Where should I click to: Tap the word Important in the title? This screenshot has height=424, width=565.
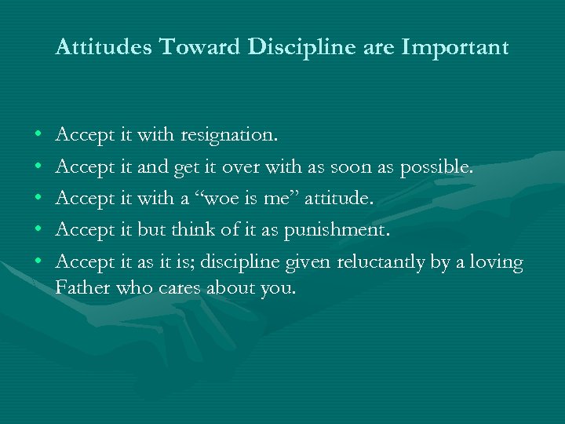click(454, 49)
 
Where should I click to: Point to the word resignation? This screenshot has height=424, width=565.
click(228, 136)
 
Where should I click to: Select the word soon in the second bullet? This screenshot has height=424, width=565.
click(374, 167)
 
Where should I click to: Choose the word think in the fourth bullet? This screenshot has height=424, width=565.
click(202, 230)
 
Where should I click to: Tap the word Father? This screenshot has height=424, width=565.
click(83, 287)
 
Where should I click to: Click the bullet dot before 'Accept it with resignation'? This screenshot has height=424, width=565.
click(38, 137)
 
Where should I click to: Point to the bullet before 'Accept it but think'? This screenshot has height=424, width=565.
click(38, 231)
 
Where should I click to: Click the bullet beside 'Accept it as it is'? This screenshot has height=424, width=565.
click(38, 262)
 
